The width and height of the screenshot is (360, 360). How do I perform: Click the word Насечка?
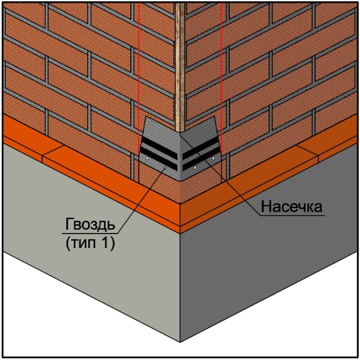point(292,206)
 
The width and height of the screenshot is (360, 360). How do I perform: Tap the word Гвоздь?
point(90,224)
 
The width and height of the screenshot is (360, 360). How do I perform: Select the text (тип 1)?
point(90,243)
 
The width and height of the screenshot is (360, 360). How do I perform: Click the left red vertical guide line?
point(139,92)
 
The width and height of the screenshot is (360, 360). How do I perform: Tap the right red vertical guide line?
point(221,92)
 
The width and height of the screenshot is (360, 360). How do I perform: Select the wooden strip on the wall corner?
point(180,67)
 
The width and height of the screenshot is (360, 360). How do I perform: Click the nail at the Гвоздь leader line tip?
point(165,168)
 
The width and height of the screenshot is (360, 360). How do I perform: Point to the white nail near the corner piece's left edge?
point(147,158)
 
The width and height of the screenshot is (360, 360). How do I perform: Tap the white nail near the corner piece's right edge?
point(214,158)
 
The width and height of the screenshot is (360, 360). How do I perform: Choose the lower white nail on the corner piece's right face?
point(195,168)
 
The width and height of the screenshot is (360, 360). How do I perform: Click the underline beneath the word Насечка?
point(292,215)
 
